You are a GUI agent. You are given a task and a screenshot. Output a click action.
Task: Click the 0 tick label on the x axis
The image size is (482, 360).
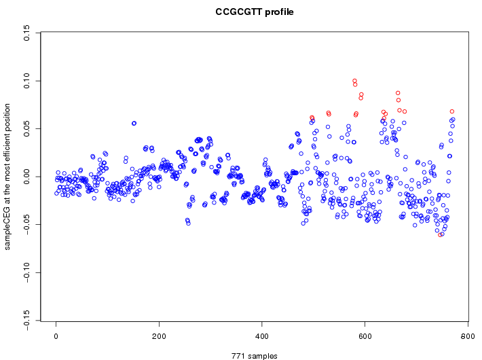[56, 336]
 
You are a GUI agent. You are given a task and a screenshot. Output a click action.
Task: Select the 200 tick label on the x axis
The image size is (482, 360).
[159, 336]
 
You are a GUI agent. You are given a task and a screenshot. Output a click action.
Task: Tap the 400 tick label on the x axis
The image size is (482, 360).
[262, 336]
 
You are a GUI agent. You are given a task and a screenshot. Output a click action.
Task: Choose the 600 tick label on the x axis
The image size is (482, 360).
[365, 336]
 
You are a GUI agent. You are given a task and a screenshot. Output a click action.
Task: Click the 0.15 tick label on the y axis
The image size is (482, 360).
[28, 33]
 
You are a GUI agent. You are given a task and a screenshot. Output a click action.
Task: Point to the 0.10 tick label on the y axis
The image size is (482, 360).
[28, 81]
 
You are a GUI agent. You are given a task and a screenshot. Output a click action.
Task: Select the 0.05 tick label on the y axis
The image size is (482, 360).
[28, 128]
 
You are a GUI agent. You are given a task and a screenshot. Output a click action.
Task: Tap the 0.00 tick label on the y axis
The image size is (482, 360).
[28, 177]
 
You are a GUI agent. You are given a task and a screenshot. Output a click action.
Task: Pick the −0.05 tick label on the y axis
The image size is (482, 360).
[28, 226]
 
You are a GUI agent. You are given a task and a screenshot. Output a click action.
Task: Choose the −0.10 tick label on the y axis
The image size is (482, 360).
[28, 273]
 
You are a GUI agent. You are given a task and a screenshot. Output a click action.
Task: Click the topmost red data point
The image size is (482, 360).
[354, 81]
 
